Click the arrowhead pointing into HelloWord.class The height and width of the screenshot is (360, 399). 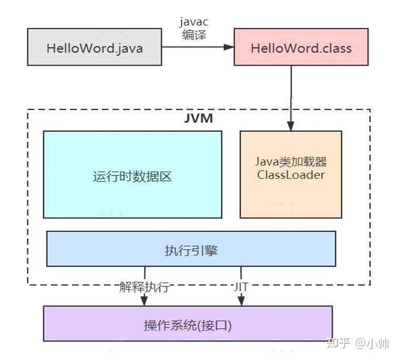(229, 48)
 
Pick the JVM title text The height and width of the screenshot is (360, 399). (199, 118)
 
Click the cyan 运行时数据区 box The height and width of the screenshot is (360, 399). (132, 174)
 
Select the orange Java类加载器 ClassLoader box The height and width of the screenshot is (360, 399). (291, 174)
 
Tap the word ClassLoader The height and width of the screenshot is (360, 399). (291, 175)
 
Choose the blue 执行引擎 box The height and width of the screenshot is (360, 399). (191, 249)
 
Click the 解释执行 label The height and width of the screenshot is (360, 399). (144, 287)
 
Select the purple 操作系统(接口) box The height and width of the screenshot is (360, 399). (188, 323)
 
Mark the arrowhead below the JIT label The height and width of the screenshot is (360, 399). (241, 301)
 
